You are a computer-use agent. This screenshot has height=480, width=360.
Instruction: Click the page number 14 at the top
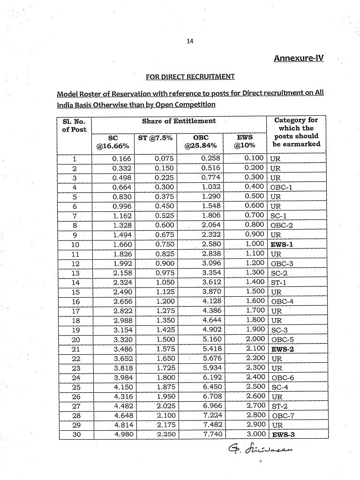[x=190, y=41]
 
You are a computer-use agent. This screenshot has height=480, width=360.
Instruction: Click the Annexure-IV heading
[x=298, y=58]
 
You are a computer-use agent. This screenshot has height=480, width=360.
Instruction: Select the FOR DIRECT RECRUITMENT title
[x=190, y=76]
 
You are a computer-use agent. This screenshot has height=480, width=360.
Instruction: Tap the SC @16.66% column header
[x=113, y=142]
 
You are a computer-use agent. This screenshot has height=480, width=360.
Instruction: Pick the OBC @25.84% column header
[x=201, y=142]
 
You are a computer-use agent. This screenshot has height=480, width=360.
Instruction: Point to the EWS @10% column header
[x=245, y=142]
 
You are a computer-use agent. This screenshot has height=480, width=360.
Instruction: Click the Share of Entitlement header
[x=179, y=121]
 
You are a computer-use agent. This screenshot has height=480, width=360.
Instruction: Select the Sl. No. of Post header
[x=74, y=125]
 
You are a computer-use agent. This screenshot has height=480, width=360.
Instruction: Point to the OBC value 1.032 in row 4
[x=210, y=187]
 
